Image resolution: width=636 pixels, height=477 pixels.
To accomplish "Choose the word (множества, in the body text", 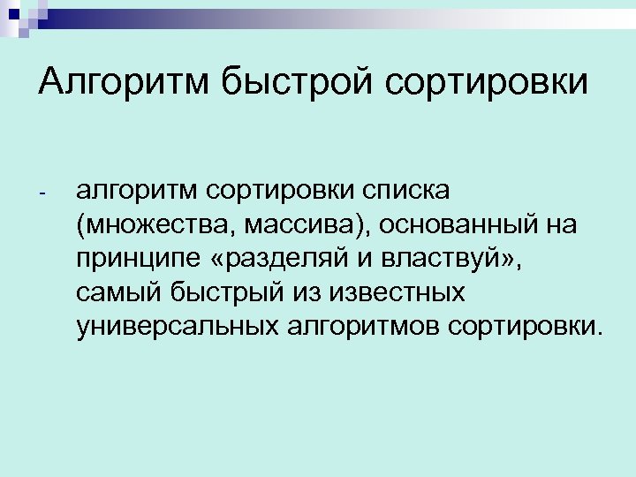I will (x=153, y=225).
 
